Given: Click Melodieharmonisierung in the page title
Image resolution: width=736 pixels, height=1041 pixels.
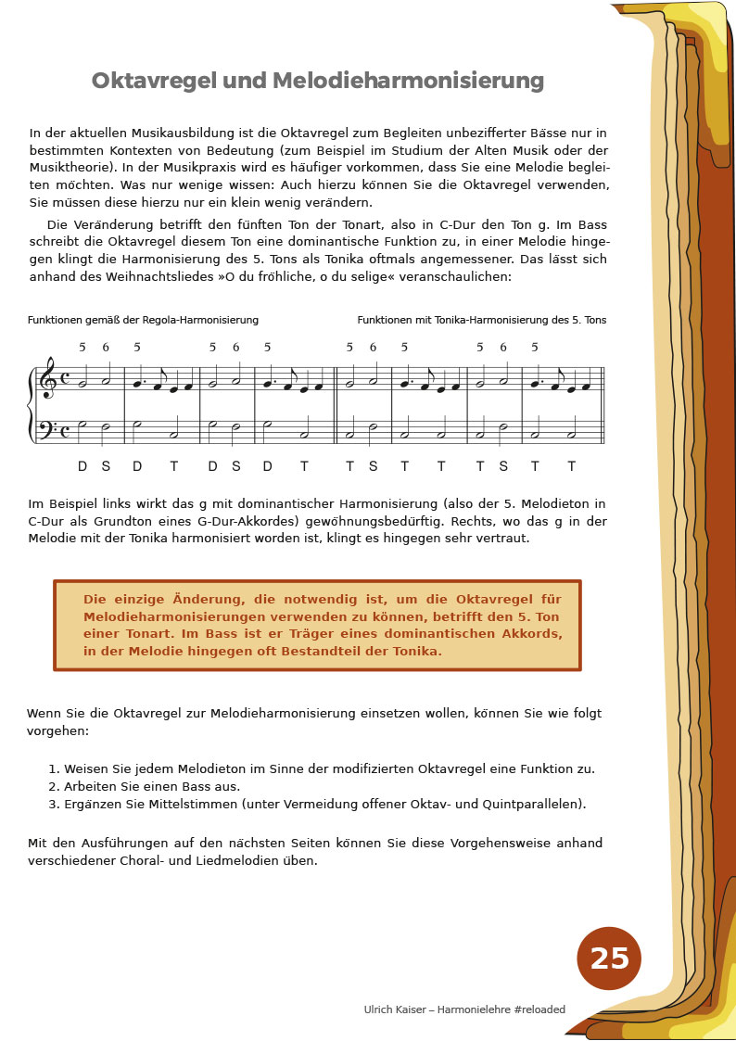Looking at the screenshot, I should pyautogui.click(x=397, y=82).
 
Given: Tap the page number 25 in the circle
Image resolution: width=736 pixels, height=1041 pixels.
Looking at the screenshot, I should pyautogui.click(x=609, y=958).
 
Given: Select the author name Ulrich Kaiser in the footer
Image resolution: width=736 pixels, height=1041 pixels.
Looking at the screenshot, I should pyautogui.click(x=395, y=1009).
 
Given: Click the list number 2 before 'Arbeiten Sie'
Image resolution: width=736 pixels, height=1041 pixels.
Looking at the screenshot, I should pyautogui.click(x=53, y=786).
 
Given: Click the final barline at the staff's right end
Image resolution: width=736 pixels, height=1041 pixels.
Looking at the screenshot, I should pyautogui.click(x=603, y=405).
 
